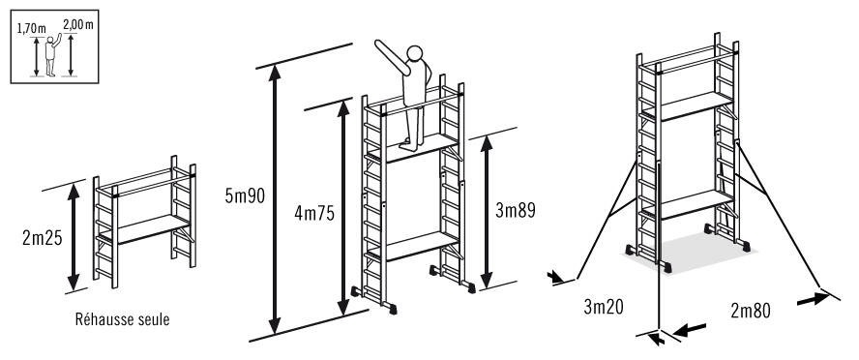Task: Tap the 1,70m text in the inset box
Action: click(31, 29)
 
